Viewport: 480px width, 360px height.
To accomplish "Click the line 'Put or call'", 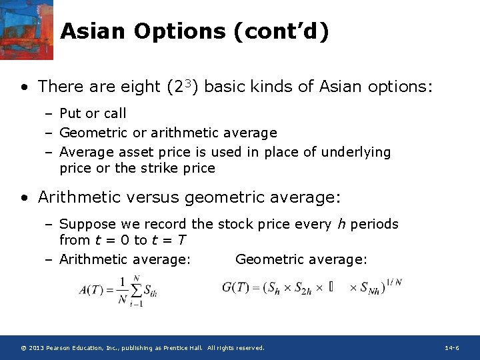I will coord(93,113).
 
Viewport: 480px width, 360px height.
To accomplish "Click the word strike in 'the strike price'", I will coord(159,168).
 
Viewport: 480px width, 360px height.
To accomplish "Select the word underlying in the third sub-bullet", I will coord(356,152).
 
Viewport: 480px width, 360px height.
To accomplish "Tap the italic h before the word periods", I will coord(341,224).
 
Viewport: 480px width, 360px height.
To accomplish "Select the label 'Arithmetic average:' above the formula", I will coord(125,259).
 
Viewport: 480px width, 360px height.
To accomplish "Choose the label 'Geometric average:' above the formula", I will coord(301,259).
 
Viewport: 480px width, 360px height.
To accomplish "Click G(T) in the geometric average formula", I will coord(236,288).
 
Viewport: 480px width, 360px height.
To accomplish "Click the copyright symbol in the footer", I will coord(23,348).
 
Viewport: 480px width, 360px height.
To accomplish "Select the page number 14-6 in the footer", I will coord(451,348).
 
